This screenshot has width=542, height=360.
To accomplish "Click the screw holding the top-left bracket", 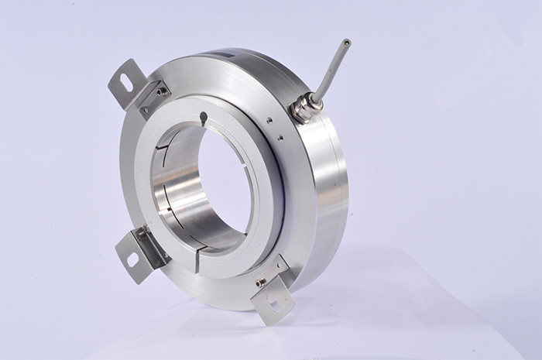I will point(160,92).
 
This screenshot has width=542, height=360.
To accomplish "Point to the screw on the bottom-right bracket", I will point(261,282).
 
